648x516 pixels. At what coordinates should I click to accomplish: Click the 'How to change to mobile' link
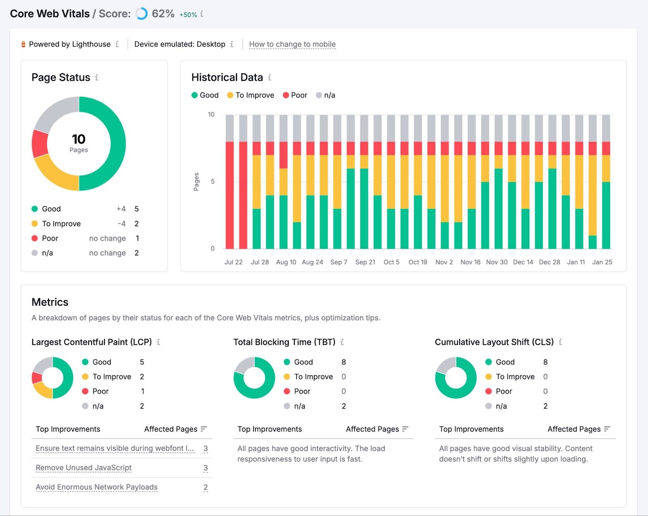click(x=292, y=44)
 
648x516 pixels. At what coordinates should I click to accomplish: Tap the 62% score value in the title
click(x=163, y=14)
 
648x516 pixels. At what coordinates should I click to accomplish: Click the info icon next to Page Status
click(x=97, y=77)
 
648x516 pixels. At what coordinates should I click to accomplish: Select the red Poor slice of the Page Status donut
click(x=40, y=143)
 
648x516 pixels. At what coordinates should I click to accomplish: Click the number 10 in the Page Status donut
click(x=79, y=139)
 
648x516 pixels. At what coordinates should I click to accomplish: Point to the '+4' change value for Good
click(x=121, y=209)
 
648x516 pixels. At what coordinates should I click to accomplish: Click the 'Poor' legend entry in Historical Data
click(x=295, y=95)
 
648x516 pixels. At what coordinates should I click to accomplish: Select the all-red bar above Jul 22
click(x=230, y=195)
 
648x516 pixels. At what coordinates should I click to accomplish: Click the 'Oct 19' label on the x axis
click(x=418, y=262)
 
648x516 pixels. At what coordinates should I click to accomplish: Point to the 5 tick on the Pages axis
click(x=213, y=181)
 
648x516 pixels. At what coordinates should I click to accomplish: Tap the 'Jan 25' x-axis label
click(x=602, y=262)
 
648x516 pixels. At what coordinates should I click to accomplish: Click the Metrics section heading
click(x=50, y=302)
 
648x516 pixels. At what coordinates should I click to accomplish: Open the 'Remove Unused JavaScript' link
click(x=83, y=468)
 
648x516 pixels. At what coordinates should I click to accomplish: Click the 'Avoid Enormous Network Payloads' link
click(x=96, y=487)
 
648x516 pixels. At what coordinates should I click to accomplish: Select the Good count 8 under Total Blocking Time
click(x=343, y=362)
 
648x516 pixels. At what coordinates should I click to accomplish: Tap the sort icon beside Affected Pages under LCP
click(x=204, y=429)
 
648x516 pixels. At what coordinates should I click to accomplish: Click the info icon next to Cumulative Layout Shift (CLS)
click(x=560, y=342)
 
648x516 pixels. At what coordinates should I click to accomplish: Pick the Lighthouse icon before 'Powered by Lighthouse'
click(x=23, y=44)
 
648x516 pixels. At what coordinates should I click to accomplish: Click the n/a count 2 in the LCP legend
click(x=142, y=406)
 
